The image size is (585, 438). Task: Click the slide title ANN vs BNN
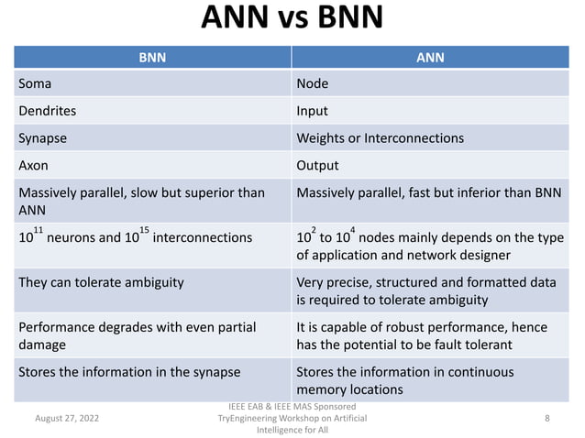(292, 18)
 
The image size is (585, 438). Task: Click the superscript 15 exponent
(144, 227)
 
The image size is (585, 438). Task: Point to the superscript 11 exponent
(39, 227)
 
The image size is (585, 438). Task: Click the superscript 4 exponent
(353, 227)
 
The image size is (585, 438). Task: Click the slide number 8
(546, 417)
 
